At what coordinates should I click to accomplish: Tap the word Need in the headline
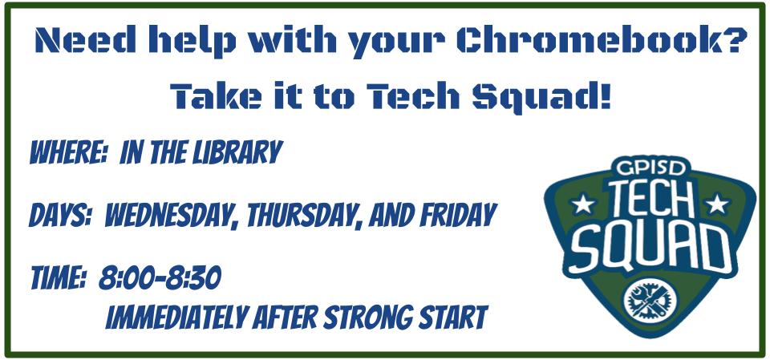coord(86,40)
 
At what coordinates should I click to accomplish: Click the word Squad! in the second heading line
coord(541,97)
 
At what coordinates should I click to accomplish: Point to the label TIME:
coord(59,278)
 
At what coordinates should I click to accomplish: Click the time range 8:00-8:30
coord(160,278)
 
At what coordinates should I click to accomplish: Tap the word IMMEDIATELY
coord(176,318)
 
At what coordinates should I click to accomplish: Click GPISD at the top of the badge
coord(651,168)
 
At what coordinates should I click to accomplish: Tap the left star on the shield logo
coord(583,204)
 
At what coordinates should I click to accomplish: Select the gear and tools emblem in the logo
coord(650,301)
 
